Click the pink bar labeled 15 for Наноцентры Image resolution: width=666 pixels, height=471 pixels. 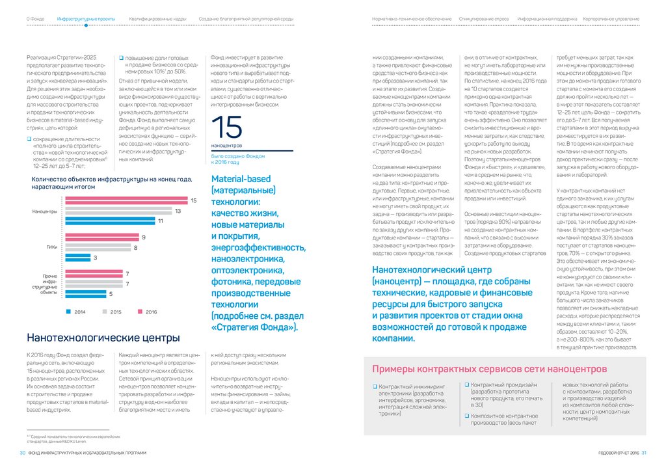point(127,200)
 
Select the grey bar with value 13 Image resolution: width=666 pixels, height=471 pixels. point(120,211)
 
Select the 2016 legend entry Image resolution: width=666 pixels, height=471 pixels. point(146,312)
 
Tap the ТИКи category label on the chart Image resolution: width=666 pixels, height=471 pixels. point(51,247)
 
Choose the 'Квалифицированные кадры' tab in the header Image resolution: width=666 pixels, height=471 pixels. point(157,20)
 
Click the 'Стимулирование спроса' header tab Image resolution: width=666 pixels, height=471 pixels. point(484,20)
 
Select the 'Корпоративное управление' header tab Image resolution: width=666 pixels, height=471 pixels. point(611,20)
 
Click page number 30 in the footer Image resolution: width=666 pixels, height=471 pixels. point(22,453)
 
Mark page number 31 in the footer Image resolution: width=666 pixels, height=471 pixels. point(644,453)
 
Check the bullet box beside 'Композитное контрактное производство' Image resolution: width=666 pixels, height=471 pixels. point(467,415)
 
